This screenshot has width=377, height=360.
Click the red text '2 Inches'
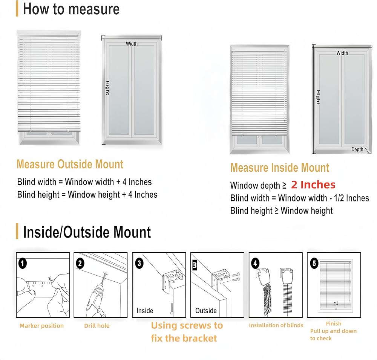click(313, 185)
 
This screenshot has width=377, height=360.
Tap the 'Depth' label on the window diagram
click(357, 149)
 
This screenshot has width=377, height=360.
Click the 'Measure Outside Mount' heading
click(70, 165)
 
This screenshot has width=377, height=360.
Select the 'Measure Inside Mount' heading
click(280, 168)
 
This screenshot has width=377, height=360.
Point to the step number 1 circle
click(23, 263)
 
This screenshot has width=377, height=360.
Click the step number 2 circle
click(80, 263)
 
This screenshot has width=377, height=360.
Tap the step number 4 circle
click(255, 263)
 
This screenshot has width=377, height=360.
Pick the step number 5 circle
click(314, 264)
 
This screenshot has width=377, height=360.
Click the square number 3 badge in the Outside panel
click(195, 265)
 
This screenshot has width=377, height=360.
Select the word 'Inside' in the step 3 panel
click(145, 311)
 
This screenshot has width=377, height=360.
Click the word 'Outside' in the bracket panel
click(206, 311)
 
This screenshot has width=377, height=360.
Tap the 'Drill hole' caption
click(97, 326)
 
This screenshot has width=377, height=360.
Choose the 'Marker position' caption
click(41, 326)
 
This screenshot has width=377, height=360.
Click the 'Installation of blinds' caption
click(276, 325)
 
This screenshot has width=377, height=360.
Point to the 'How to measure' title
click(71, 9)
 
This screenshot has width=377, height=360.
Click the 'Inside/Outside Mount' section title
click(87, 232)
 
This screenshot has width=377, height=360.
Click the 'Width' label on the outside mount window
click(132, 44)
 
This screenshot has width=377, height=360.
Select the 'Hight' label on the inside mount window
click(318, 97)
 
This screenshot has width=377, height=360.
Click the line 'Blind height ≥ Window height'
click(282, 211)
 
